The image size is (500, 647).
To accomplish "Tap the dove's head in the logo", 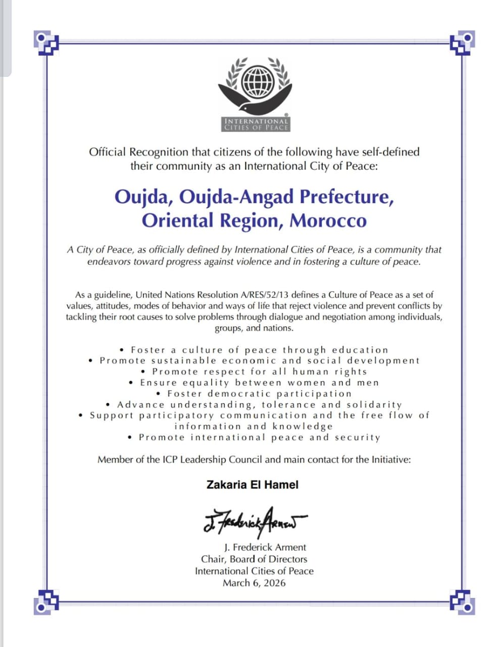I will (x=245, y=107).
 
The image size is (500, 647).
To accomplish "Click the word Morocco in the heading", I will (x=328, y=220).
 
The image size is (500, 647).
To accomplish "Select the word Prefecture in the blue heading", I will (x=346, y=196).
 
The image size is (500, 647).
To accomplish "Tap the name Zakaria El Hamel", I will (x=253, y=484).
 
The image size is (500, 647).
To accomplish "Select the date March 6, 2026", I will (x=254, y=583).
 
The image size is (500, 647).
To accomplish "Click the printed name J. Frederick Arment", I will (x=265, y=547).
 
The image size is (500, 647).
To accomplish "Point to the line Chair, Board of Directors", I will (x=254, y=559).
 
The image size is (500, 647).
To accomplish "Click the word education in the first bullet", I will (x=360, y=350).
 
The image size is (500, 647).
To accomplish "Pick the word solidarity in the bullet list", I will (x=374, y=405).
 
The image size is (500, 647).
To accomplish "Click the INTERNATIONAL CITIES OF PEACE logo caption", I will (x=257, y=124).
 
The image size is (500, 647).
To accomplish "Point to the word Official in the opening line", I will (x=108, y=152).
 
